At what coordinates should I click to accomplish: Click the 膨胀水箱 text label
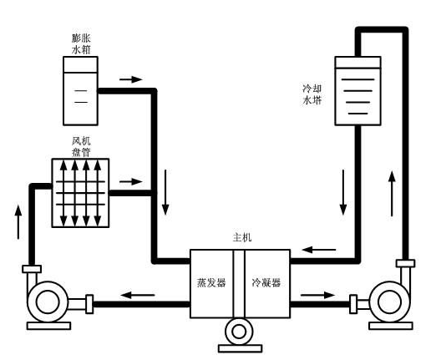[81, 43]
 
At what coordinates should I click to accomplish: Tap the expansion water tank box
[81, 86]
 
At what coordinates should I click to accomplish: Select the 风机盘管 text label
[81, 145]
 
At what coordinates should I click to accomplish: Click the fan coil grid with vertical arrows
[81, 192]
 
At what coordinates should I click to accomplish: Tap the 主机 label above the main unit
[241, 237]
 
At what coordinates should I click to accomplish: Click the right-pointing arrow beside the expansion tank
[131, 79]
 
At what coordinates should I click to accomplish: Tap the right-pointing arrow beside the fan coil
[131, 180]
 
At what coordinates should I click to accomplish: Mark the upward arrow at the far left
[18, 223]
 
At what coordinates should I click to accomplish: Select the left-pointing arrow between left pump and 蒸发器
[139, 293]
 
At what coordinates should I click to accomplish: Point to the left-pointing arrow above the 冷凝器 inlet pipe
[314, 248]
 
